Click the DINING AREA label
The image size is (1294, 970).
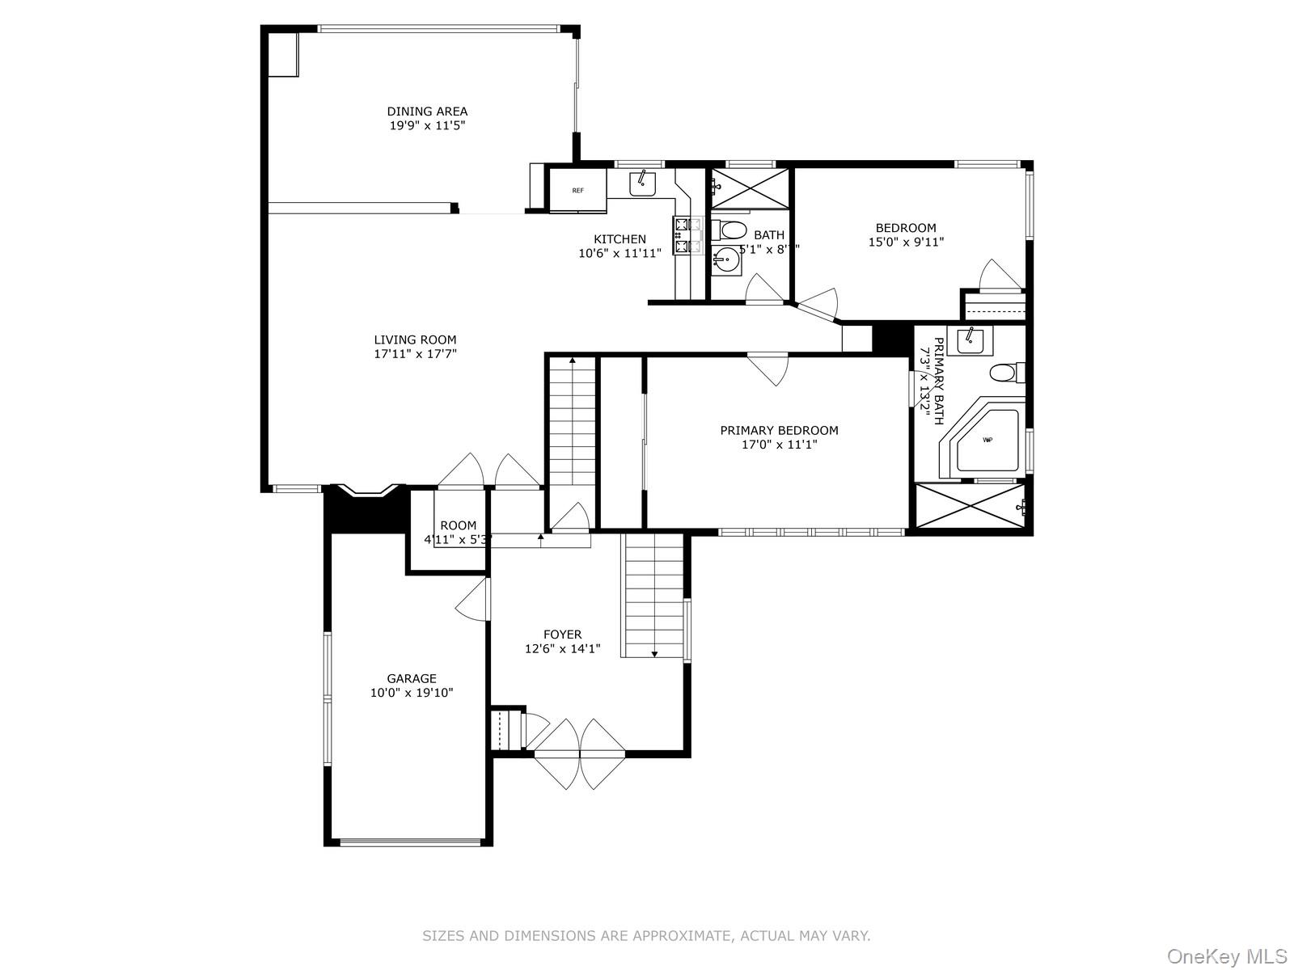[427, 112]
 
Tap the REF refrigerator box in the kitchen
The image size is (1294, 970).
[577, 191]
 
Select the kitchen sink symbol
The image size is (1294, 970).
[643, 183]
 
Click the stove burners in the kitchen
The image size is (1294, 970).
[681, 234]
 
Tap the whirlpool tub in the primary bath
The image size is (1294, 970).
[987, 441]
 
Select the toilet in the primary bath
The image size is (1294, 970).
[1004, 373]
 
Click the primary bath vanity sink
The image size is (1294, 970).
[970, 341]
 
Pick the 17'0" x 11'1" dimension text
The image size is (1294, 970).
[780, 445]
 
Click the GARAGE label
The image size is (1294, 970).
[411, 679]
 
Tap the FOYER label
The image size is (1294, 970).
[562, 635]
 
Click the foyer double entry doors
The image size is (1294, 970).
[579, 753]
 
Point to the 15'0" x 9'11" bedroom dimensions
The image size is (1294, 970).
[906, 242]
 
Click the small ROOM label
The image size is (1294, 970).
[458, 525]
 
